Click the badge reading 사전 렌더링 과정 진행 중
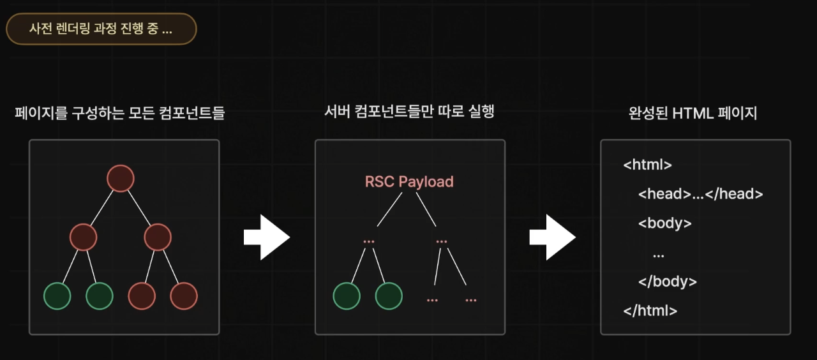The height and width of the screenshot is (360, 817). click(101, 29)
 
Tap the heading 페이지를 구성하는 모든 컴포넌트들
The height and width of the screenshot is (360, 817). click(119, 114)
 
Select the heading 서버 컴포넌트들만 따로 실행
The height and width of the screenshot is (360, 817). click(409, 112)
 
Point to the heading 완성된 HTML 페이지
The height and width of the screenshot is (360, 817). click(693, 114)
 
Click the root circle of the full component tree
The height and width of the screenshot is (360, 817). click(120, 178)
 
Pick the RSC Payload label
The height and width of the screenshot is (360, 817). click(409, 181)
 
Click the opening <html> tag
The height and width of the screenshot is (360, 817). click(647, 165)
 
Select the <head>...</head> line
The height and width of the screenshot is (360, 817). click(700, 194)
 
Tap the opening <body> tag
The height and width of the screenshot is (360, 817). click(664, 223)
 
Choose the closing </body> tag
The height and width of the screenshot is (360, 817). click(667, 281)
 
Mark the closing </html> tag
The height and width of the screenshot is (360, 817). click(650, 311)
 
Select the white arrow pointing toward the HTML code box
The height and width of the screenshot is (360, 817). click(552, 237)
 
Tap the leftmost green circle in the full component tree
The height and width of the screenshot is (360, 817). click(57, 296)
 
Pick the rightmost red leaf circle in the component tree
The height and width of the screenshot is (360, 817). click(184, 296)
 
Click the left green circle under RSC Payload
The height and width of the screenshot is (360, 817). click(347, 296)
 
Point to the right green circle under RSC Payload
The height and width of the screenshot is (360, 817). click(389, 296)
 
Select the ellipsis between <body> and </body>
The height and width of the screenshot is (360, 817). click(659, 253)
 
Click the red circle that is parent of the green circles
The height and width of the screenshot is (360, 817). click(83, 237)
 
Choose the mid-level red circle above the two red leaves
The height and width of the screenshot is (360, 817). click(158, 237)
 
